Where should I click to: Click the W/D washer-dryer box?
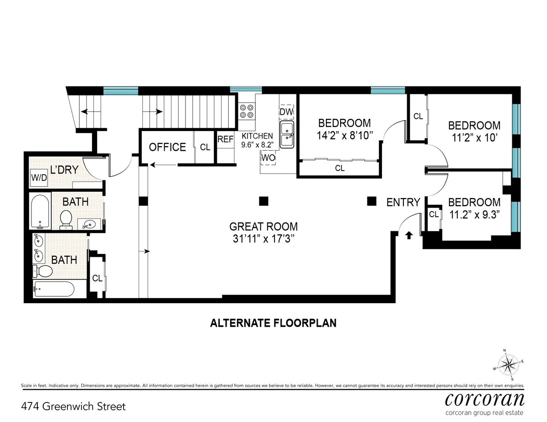39,178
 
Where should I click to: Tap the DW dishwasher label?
286,112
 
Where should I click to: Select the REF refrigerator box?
225,140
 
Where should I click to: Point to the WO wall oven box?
268,158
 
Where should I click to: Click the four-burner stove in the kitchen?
247,111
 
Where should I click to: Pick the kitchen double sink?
287,135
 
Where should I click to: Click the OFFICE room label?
167,147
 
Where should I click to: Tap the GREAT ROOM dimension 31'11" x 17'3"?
263,239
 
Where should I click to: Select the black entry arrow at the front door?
409,235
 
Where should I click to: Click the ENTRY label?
403,203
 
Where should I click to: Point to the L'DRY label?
64,170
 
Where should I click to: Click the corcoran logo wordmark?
484,399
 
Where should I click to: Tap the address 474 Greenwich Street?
73,406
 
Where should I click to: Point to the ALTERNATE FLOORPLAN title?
273,323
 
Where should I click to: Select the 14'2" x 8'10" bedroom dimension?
345,135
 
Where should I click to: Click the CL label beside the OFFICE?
205,147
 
